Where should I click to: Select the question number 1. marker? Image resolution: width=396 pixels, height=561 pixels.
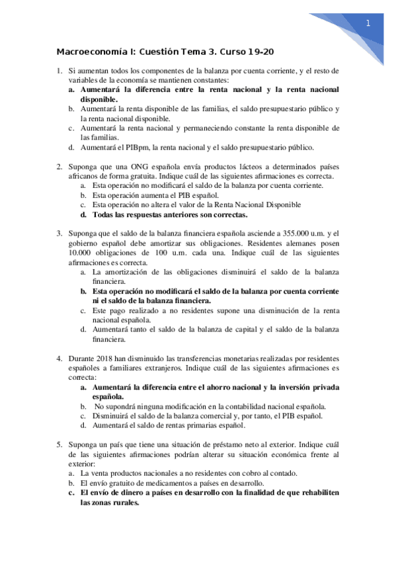click(x=59, y=70)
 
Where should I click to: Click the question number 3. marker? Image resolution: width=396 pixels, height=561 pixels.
click(x=59, y=233)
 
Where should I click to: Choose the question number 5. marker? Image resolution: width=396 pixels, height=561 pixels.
click(x=59, y=444)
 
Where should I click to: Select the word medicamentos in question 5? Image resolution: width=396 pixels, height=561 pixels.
click(x=159, y=483)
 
